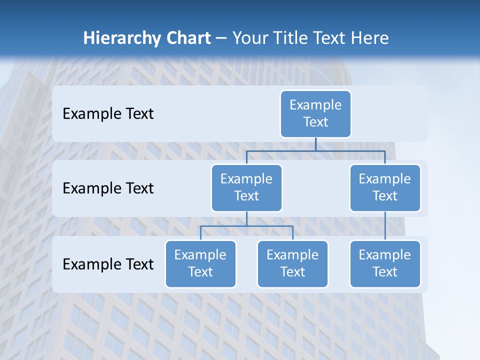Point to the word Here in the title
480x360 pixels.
point(369,38)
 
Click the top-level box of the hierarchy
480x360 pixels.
point(315,114)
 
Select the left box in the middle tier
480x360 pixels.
point(246,188)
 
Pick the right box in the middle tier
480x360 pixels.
point(385,188)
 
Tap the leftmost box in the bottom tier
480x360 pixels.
point(200,264)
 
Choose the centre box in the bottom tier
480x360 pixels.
point(292,264)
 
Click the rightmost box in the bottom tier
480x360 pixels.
point(385,264)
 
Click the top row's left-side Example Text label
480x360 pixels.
point(108,114)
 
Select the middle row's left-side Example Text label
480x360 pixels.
point(108,188)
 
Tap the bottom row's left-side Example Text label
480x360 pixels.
point(108,264)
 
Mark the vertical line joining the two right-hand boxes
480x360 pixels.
point(385,226)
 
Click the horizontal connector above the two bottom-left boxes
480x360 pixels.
point(246,226)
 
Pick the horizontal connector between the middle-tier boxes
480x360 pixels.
point(315,150)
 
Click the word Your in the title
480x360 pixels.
point(248,38)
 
